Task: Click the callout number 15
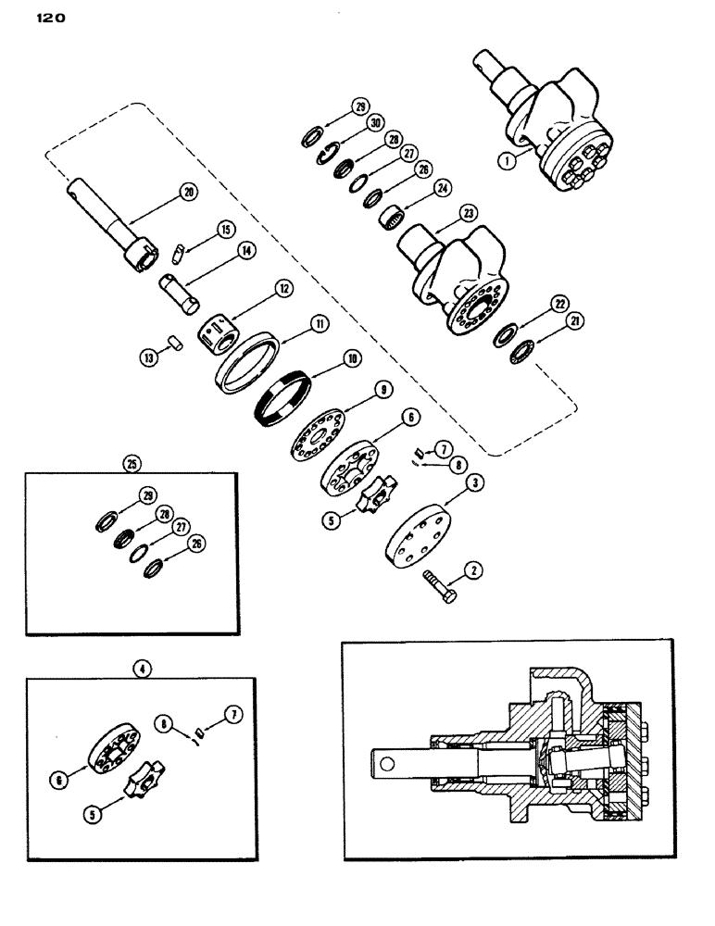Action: point(225,228)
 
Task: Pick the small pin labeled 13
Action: point(174,344)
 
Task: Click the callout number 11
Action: point(318,324)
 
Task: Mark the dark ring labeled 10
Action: point(281,397)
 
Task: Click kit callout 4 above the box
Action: point(143,666)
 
